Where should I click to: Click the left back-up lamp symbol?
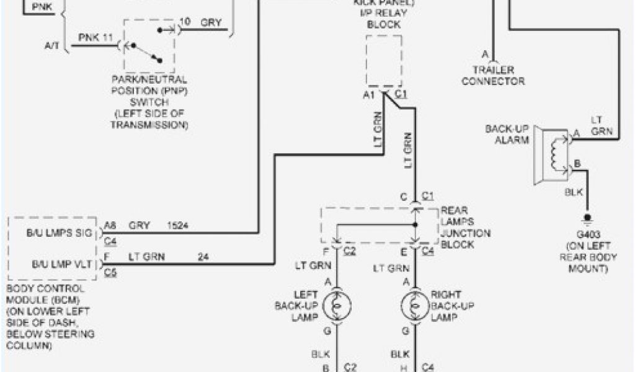(337, 304)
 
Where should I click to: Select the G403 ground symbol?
(584, 219)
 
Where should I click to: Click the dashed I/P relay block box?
(384, 60)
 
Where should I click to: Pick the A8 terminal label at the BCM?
(110, 226)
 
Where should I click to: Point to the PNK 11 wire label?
(95, 38)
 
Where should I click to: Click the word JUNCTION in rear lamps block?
(465, 233)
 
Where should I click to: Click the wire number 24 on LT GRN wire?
(203, 255)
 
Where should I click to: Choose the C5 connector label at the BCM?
(110, 272)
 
